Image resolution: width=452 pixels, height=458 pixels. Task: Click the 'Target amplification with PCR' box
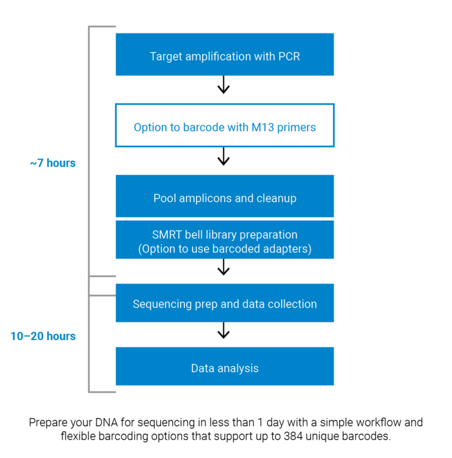[224, 54]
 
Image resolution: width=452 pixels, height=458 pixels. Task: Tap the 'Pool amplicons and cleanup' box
[224, 196]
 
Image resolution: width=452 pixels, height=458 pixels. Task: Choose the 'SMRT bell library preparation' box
[224, 240]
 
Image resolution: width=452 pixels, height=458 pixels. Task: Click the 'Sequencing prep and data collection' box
[224, 303]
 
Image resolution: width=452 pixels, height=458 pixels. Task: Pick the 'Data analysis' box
[224, 366]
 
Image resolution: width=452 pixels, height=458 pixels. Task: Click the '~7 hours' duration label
[53, 163]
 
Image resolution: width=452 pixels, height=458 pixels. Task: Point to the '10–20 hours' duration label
[43, 336]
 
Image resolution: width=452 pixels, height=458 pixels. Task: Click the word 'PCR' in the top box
[289, 57]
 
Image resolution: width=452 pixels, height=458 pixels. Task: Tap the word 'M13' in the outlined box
[264, 127]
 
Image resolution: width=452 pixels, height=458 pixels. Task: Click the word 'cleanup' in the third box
[276, 198]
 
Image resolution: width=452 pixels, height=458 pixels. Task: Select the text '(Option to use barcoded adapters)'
[225, 249]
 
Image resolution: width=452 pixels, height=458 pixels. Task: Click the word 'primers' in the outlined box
[297, 127]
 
